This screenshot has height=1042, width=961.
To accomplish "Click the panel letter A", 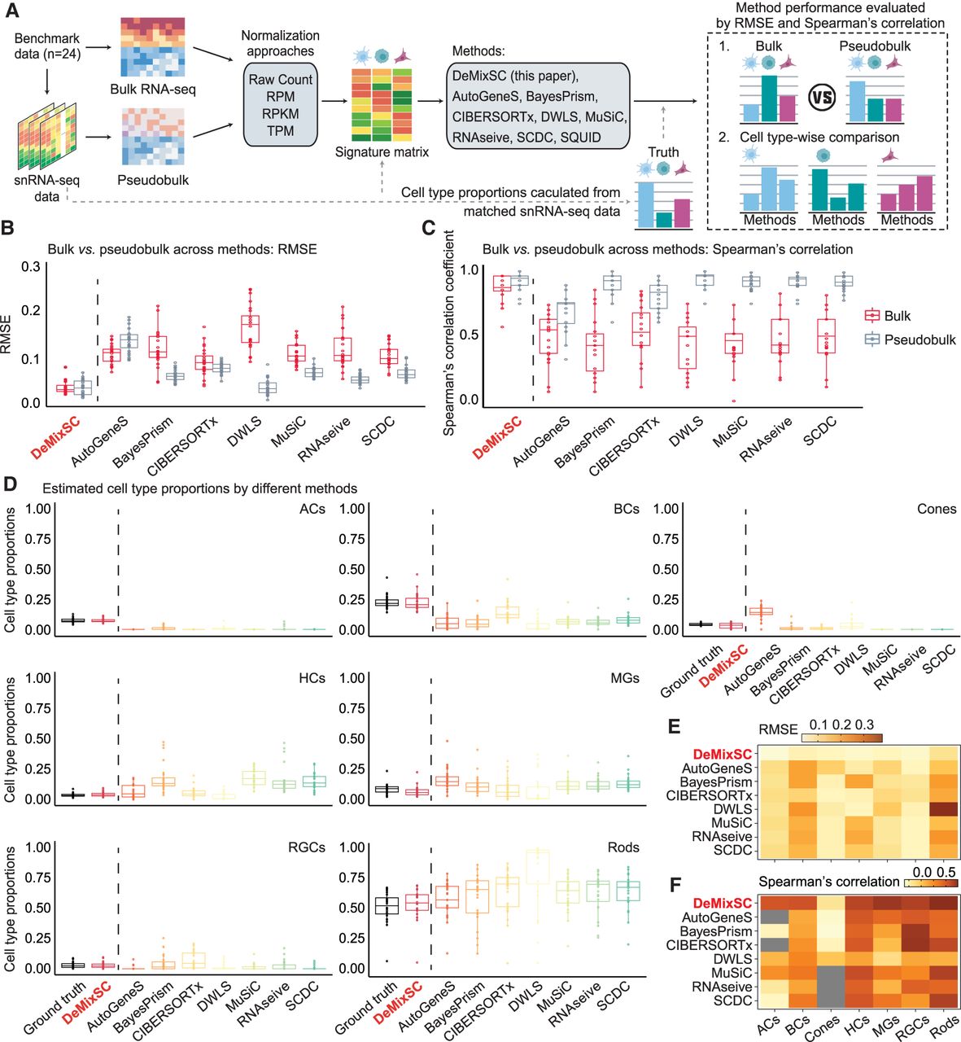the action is (11, 11).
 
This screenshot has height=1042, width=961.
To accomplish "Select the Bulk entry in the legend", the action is (887, 316).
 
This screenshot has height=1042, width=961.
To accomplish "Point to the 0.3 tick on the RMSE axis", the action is (30, 266).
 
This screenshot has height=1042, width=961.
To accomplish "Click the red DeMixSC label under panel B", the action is (56, 437).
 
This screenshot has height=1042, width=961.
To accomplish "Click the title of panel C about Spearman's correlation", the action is (667, 249).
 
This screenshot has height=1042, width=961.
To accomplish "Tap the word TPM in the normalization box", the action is (280, 131).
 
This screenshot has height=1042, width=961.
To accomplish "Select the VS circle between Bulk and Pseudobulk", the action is (822, 98).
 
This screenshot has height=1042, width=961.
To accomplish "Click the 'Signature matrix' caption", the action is (382, 152).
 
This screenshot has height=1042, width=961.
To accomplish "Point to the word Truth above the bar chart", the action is (663, 152).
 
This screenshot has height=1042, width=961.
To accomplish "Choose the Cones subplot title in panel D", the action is (937, 509).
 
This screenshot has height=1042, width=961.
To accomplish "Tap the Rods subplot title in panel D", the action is (623, 847).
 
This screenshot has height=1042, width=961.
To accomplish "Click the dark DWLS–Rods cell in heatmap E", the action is (944, 808).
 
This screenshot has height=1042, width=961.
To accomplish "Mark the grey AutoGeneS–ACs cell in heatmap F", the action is (775, 917).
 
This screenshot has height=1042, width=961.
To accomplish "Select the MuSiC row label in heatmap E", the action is (732, 823).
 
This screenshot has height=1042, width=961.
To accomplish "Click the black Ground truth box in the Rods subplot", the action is (387, 905).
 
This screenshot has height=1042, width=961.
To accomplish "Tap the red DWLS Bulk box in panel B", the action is (250, 329).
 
